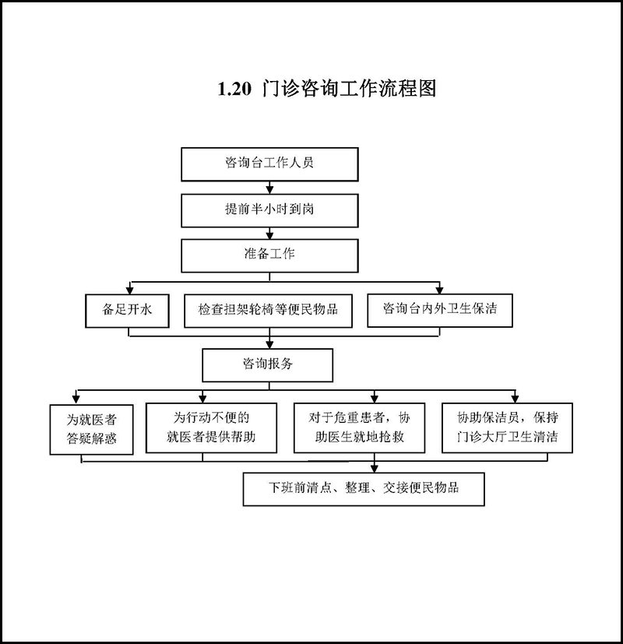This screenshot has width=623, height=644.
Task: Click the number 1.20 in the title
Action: click(234, 89)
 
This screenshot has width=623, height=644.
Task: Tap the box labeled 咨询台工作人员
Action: click(269, 164)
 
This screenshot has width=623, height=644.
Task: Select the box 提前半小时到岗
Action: click(269, 211)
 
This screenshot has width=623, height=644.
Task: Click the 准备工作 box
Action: click(269, 255)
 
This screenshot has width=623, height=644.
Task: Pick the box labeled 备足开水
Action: click(127, 311)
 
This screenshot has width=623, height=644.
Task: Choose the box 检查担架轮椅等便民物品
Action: click(268, 311)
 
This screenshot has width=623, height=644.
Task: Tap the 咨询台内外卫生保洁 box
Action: click(440, 311)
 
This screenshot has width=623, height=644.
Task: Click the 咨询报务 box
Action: click(267, 365)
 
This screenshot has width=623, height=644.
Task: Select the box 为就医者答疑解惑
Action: click(92, 430)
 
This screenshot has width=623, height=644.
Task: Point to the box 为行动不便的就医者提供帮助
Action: click(211, 428)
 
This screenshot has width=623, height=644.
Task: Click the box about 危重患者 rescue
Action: click(359, 428)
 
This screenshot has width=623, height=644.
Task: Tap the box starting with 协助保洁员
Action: click(507, 428)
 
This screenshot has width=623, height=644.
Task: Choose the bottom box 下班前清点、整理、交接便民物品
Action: click(364, 489)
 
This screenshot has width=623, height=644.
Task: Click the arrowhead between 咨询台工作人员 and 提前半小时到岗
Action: click(269, 190)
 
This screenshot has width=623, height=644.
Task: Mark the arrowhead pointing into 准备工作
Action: click(269, 235)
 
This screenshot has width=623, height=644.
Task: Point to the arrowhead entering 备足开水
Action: click(130, 290)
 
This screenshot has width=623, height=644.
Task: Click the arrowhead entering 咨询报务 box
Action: click(269, 344)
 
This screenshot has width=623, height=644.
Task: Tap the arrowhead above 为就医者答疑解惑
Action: click(76, 399)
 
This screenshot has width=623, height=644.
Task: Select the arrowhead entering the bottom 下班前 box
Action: click(374, 468)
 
